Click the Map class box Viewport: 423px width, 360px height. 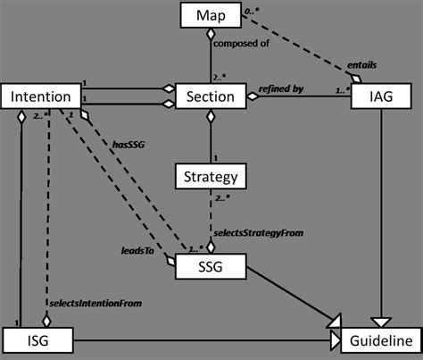click(208, 15)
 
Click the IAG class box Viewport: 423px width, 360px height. click(381, 96)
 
